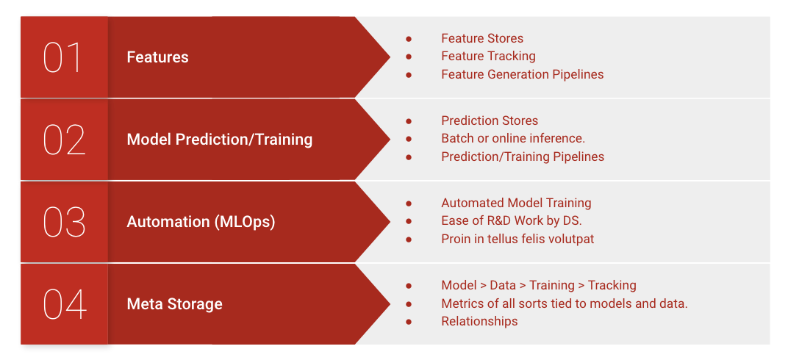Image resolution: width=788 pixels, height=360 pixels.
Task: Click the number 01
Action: (x=62, y=57)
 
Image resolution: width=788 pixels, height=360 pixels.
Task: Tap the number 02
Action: (x=65, y=140)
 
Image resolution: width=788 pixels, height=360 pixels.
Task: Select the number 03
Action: (x=65, y=222)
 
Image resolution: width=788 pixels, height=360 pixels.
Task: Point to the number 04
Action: (x=65, y=304)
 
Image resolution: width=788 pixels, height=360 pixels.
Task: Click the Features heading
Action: (x=157, y=57)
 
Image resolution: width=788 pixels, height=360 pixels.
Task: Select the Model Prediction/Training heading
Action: (x=220, y=140)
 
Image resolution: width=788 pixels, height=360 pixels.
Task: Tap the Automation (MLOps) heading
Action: (x=201, y=222)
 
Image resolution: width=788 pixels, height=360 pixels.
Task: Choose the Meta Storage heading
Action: (x=174, y=304)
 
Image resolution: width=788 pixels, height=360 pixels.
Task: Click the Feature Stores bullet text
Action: (x=482, y=39)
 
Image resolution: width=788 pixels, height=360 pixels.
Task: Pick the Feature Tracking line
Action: (x=488, y=57)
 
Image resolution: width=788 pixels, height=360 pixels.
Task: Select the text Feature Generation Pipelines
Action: (x=522, y=74)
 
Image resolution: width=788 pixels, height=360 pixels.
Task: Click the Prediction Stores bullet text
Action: (x=490, y=121)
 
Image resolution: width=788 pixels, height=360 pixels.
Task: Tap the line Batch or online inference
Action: (x=513, y=139)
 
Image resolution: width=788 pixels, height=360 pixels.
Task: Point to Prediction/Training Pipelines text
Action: (x=523, y=156)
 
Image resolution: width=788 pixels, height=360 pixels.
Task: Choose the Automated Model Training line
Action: (x=516, y=204)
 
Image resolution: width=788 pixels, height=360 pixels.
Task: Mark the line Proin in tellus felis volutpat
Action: (x=517, y=239)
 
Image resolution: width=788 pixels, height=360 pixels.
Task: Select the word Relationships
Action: (x=479, y=321)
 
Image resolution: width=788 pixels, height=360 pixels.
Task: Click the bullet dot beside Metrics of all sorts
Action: (x=409, y=303)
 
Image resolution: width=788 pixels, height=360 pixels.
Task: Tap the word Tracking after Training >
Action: (x=612, y=286)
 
